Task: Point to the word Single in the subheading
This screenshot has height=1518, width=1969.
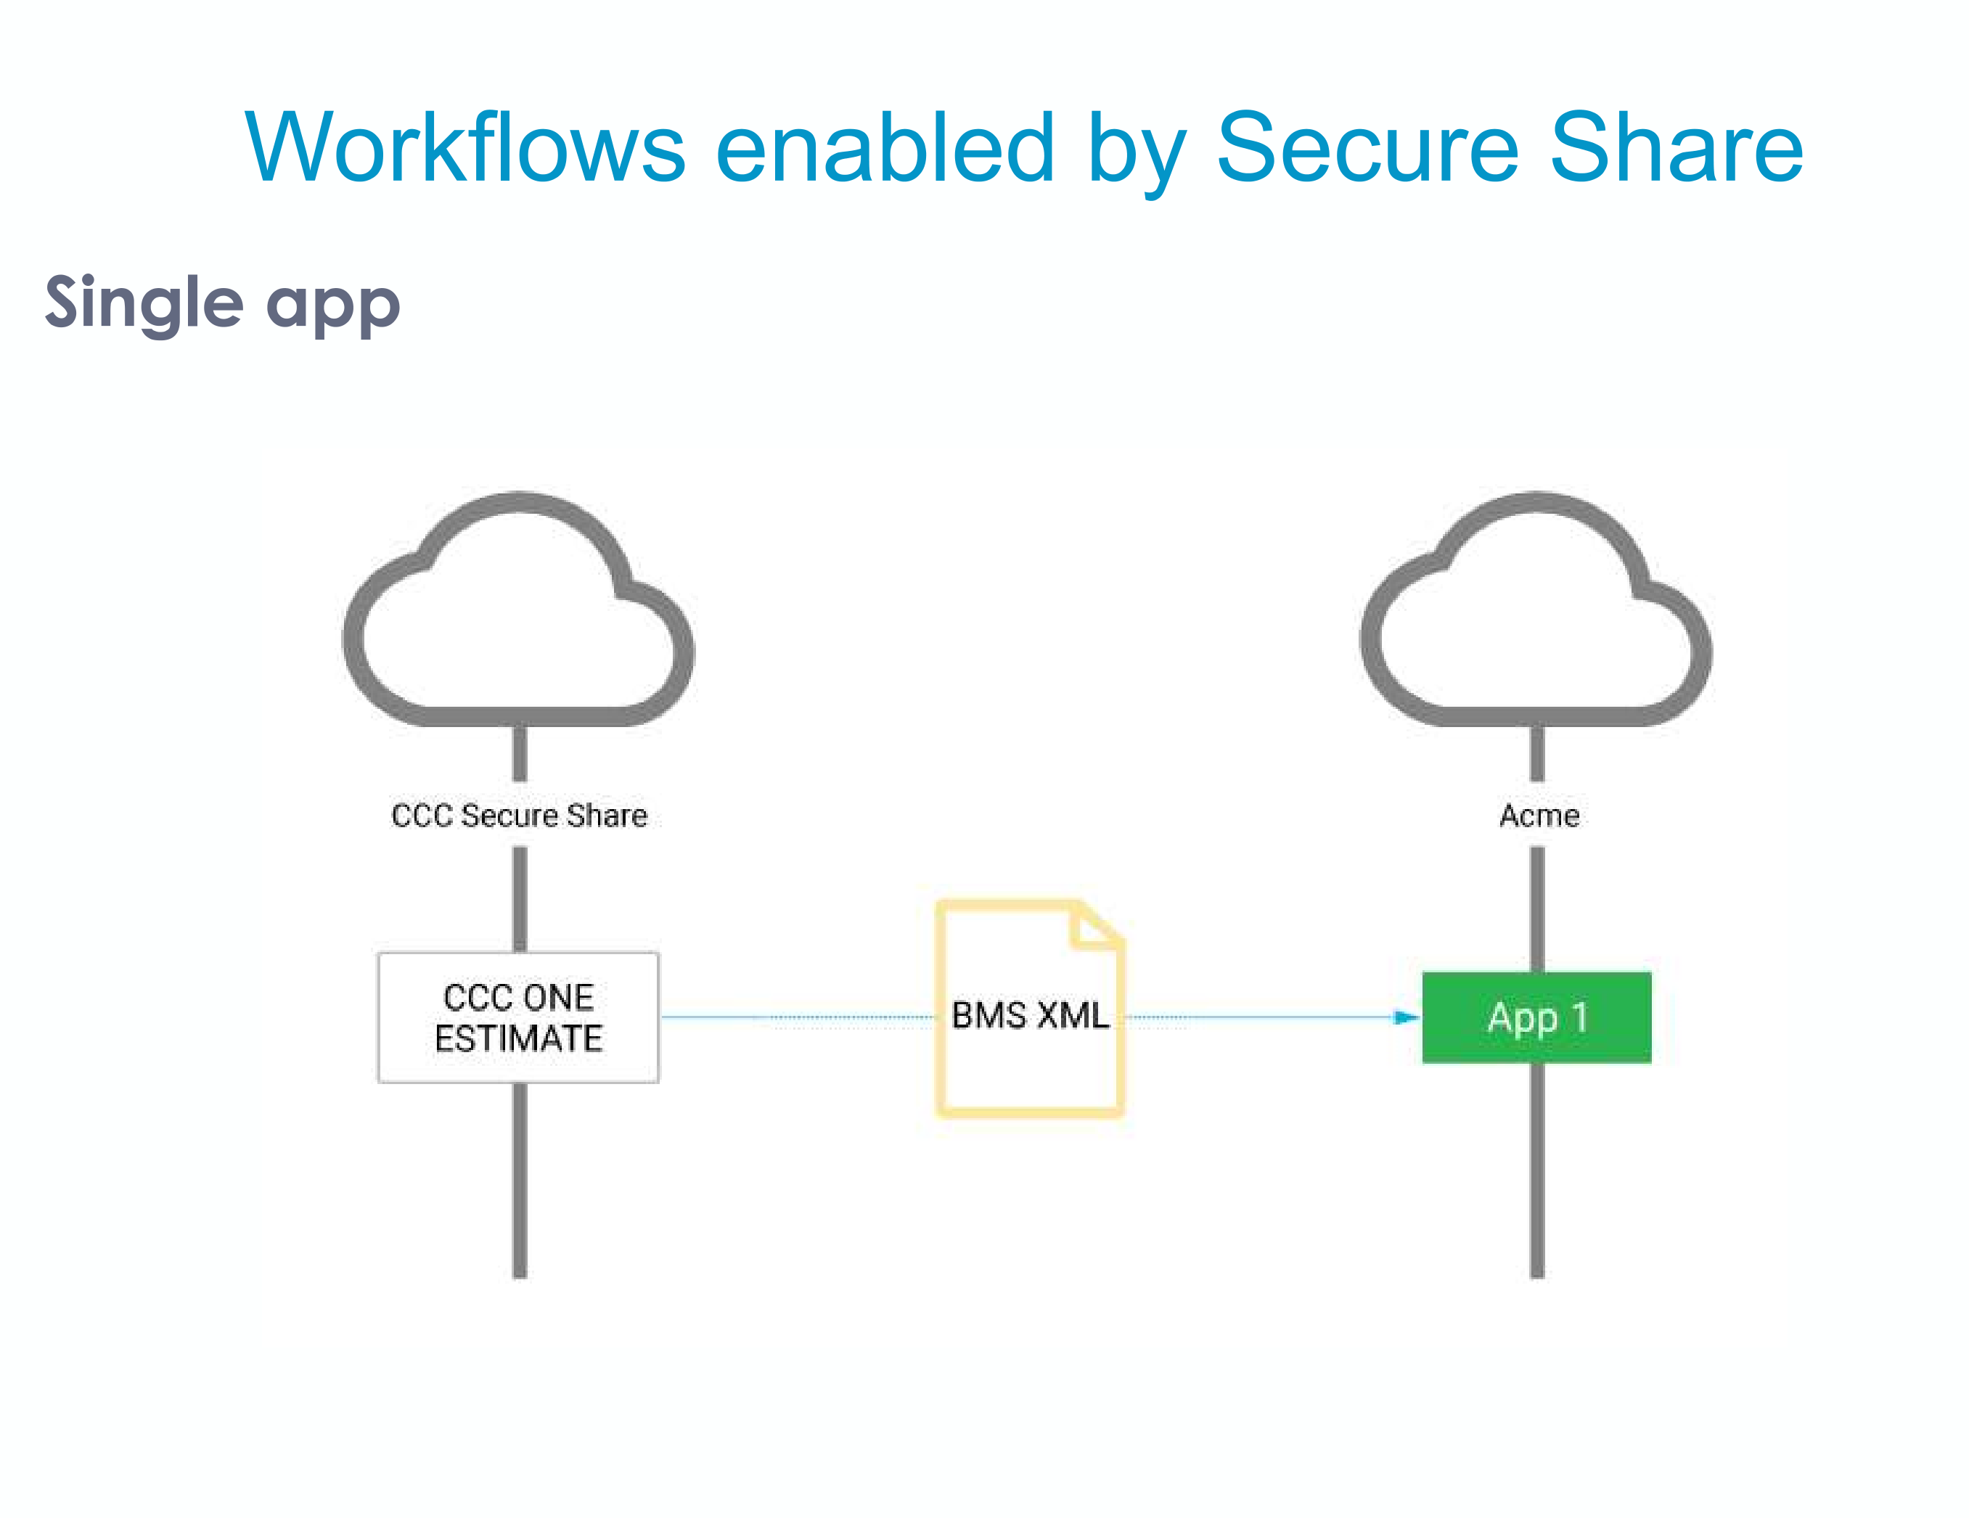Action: (x=144, y=304)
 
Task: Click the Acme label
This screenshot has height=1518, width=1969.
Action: (x=1539, y=815)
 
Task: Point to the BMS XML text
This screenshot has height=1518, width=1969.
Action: (x=1030, y=1015)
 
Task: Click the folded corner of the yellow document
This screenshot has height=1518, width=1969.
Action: (x=1094, y=927)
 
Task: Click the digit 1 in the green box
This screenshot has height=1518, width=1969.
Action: (x=1579, y=1017)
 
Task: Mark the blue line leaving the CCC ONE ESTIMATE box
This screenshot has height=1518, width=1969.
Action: (x=721, y=1017)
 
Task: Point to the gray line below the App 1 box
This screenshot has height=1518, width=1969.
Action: (x=1536, y=1172)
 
